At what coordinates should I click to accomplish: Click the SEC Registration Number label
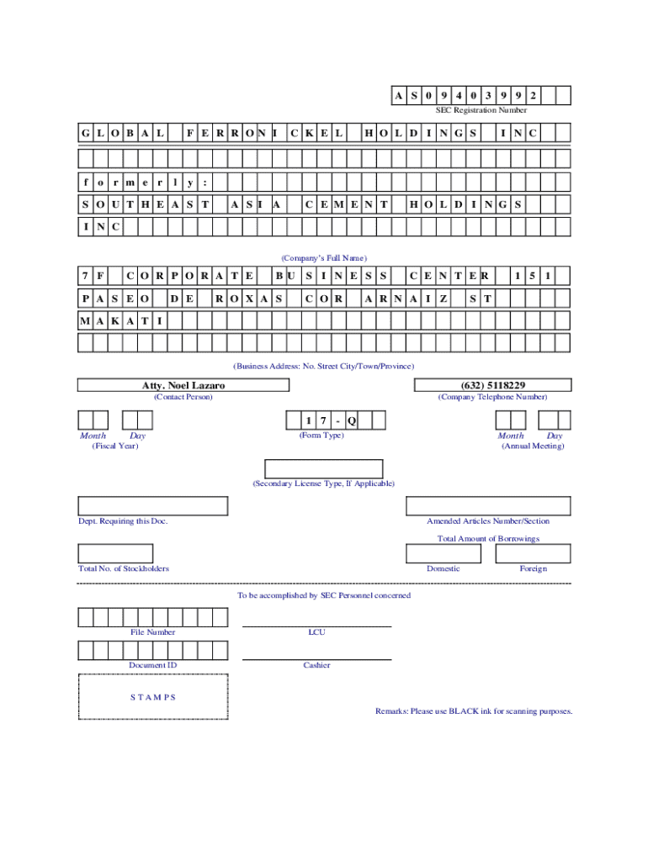481,110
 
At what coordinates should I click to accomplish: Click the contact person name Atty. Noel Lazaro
183,385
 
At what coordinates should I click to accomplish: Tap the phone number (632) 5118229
493,385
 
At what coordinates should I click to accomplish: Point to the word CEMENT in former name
347,204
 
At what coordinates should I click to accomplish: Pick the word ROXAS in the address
248,298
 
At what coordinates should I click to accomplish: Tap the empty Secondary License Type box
324,468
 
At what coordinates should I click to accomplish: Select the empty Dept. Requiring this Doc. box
153,505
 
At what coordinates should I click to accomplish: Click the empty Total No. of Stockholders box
115,553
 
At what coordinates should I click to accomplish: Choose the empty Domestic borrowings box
444,553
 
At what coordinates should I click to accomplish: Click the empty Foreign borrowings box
533,553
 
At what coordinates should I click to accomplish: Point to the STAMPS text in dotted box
153,697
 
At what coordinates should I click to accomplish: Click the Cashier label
316,665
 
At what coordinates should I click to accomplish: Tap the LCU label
316,631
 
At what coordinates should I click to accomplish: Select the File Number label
153,631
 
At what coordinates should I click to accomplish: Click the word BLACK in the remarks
463,711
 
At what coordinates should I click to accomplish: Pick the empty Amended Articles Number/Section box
488,505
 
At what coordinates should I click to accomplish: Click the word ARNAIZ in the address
406,298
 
